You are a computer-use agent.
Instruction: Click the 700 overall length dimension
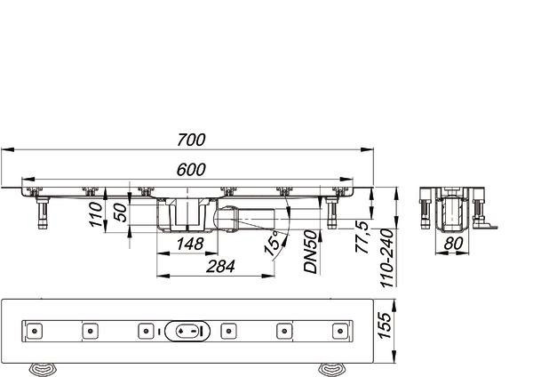pyautogui.click(x=191, y=140)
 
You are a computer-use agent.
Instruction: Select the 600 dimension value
pyautogui.click(x=191, y=170)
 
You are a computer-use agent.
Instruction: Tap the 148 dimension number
pyautogui.click(x=190, y=244)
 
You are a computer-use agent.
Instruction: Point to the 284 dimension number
pyautogui.click(x=220, y=267)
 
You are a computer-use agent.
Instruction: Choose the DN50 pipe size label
pyautogui.click(x=310, y=252)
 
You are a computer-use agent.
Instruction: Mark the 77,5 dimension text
pyautogui.click(x=362, y=237)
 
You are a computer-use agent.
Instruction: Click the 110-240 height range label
pyautogui.click(x=386, y=258)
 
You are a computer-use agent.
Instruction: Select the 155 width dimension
pyautogui.click(x=385, y=325)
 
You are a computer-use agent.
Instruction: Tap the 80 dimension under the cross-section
pyautogui.click(x=453, y=244)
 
